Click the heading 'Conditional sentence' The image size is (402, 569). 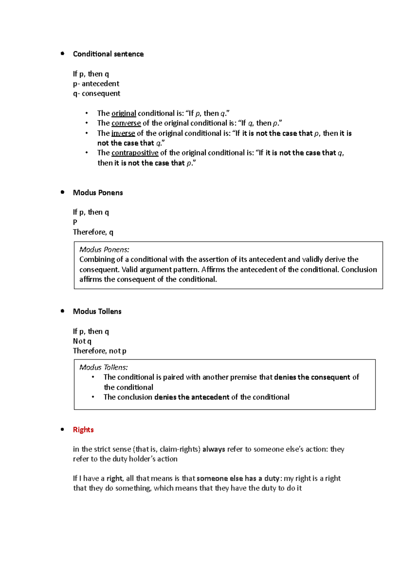(108, 54)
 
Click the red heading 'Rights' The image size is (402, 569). (83, 430)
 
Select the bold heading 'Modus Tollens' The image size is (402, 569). (97, 311)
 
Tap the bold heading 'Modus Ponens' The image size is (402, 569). (98, 193)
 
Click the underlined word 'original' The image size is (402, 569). (124, 114)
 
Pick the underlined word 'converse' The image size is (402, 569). (126, 123)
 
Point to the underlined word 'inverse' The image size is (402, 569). (123, 133)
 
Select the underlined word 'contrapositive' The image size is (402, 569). (135, 153)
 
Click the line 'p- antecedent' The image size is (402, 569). (96, 84)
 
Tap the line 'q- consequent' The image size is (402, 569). (96, 93)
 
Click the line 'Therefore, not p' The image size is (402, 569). (99, 351)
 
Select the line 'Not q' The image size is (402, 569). (82, 341)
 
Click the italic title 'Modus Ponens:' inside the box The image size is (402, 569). (104, 250)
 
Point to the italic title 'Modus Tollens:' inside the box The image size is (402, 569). (104, 367)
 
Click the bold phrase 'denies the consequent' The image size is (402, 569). (312, 377)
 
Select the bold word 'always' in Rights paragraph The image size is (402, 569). (214, 449)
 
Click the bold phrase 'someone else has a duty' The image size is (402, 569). (238, 479)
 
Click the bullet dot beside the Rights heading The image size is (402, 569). (62, 429)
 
